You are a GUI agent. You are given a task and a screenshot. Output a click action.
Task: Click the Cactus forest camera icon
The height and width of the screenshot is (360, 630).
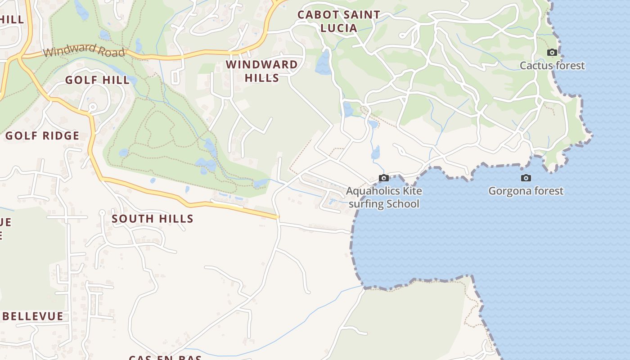pos(552,53)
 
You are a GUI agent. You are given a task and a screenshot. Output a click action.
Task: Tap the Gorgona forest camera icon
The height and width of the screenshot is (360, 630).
pos(526,178)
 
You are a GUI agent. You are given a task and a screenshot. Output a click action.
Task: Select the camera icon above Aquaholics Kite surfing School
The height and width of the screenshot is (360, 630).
pos(384,178)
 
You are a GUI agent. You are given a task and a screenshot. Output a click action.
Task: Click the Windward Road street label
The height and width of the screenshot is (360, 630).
pos(84,50)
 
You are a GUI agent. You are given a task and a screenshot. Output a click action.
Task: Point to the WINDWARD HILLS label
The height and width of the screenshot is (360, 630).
pos(261,71)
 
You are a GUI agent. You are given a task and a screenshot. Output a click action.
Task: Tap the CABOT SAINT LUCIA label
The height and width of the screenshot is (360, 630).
pos(339,21)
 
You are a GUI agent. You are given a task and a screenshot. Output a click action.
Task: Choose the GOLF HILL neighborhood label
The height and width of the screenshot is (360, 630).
pos(97,80)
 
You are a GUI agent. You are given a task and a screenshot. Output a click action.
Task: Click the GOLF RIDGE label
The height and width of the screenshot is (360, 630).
pos(42,135)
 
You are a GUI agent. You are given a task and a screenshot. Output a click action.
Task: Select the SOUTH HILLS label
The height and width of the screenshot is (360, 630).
pos(152,219)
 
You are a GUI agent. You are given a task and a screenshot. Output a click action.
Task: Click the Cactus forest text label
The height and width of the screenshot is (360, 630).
pos(552,66)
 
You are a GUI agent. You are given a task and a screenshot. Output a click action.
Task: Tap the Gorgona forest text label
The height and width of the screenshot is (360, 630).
pos(526,191)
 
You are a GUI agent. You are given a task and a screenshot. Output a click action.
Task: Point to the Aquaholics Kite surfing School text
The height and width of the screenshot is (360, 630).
pos(384,198)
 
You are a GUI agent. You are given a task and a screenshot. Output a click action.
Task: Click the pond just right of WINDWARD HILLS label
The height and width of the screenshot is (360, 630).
pos(323,63)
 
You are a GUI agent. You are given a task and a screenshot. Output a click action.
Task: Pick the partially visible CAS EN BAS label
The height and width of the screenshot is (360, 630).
pos(165,357)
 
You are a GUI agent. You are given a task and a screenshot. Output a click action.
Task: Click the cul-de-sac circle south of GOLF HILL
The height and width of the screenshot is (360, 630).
pos(93,107)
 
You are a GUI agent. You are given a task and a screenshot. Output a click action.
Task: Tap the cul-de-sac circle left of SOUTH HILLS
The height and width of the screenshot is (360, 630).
pos(102,212)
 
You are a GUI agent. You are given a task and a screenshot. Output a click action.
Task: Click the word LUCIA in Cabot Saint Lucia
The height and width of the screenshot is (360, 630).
pos(339,28)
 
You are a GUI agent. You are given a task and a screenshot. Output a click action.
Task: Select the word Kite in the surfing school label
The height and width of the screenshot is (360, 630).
pos(412,191)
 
